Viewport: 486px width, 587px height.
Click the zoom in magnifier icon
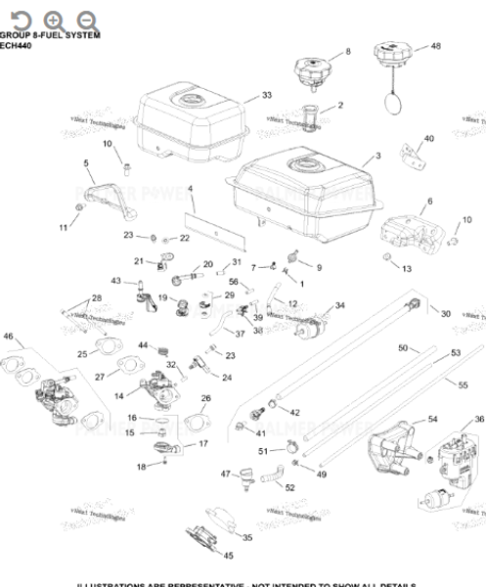(x=53, y=20)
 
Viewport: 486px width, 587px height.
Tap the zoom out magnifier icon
(x=86, y=20)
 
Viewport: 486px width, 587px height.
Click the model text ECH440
(x=17, y=45)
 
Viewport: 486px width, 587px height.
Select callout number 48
(x=435, y=46)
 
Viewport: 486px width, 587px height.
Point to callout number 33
(x=266, y=95)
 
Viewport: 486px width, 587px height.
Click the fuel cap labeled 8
(x=310, y=71)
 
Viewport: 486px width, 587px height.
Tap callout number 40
(x=428, y=139)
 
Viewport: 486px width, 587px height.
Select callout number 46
(x=9, y=337)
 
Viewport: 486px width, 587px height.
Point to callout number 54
(x=432, y=419)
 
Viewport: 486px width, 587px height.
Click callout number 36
(x=478, y=419)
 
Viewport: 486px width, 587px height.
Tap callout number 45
(x=228, y=556)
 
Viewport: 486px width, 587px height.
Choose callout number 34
(x=339, y=305)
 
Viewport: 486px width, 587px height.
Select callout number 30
(x=446, y=313)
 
